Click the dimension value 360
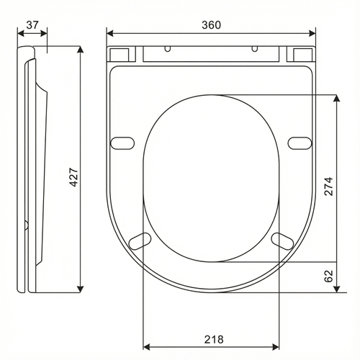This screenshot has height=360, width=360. (x=211, y=25)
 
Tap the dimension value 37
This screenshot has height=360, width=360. (x=32, y=25)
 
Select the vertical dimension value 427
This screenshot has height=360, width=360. (x=74, y=177)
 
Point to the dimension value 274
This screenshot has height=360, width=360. (x=328, y=186)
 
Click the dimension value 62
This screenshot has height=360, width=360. (x=328, y=276)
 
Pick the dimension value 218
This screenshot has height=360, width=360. (x=214, y=339)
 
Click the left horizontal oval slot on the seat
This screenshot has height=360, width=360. (x=122, y=143)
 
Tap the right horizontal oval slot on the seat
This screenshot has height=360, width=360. (x=300, y=143)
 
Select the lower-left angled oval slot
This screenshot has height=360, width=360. (x=140, y=241)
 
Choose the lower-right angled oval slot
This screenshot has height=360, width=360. (x=282, y=241)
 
